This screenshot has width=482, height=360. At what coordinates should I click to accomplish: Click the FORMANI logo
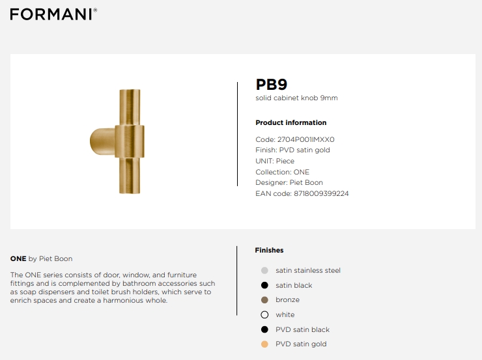pyautogui.click(x=53, y=14)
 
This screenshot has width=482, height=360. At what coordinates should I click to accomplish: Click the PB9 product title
pyautogui.click(x=272, y=85)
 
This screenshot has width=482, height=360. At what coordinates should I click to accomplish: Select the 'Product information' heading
pyautogui.click(x=291, y=122)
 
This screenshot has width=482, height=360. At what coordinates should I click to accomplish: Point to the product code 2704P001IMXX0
pyautogui.click(x=306, y=139)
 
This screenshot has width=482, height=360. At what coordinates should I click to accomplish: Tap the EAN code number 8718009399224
pyautogui.click(x=321, y=193)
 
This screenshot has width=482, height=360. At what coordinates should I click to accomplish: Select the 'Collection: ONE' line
pyautogui.click(x=282, y=172)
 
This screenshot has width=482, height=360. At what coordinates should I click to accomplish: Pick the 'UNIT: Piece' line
pyautogui.click(x=275, y=161)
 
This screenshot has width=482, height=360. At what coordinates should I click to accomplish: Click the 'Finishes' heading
pyautogui.click(x=269, y=251)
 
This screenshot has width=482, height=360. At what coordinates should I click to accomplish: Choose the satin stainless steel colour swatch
pyautogui.click(x=264, y=270)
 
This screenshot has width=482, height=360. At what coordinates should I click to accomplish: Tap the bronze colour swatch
pyautogui.click(x=264, y=300)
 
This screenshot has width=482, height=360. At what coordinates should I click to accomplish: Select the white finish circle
pyautogui.click(x=264, y=314)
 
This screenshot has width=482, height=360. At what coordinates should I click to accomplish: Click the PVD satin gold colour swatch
pyautogui.click(x=264, y=344)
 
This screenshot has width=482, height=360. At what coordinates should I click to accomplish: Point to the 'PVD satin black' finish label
pyautogui.click(x=302, y=329)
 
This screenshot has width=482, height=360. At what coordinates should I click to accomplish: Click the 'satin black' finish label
pyautogui.click(x=294, y=285)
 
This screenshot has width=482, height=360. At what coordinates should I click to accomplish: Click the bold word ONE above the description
pyautogui.click(x=18, y=258)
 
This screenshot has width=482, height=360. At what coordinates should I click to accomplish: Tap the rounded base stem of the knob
pyautogui.click(x=102, y=141)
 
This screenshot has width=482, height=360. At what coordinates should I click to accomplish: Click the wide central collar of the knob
pyautogui.click(x=130, y=141)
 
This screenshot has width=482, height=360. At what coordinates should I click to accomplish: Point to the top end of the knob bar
pyautogui.click(x=130, y=90)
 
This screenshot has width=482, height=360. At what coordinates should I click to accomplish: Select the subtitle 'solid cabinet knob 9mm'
pyautogui.click(x=296, y=98)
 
